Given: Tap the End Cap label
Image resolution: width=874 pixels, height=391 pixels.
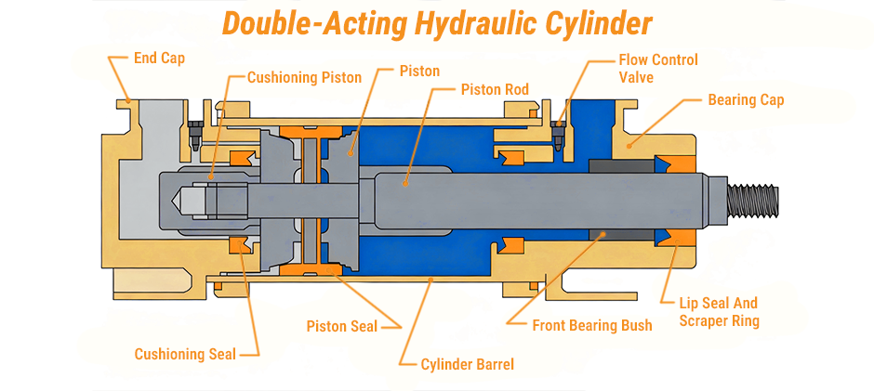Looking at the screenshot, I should pos(159,59).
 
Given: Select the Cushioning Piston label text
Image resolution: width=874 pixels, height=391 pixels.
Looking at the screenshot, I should pos(304,78).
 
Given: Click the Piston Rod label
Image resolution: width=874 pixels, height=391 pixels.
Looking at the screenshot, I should pos(495,90).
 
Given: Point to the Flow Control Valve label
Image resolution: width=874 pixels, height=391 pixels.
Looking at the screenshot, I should pos(657,69).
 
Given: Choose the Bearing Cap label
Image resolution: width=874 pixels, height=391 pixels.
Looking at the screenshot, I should pos(746,99).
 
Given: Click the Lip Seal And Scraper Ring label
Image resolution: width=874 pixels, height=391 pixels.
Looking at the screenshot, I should pos(719,312).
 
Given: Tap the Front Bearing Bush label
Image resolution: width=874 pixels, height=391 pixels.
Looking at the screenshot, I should pos(591,326).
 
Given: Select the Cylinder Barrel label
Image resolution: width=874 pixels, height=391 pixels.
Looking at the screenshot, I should pos(467,365).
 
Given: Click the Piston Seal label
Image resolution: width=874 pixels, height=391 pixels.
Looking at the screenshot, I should pos(341,326).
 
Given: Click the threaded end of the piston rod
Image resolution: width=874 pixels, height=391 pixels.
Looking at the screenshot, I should pos(755,198).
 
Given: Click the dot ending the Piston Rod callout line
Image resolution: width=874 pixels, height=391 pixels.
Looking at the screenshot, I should pos(404,183).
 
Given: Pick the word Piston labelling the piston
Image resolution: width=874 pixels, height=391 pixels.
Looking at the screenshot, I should pos(419,71).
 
